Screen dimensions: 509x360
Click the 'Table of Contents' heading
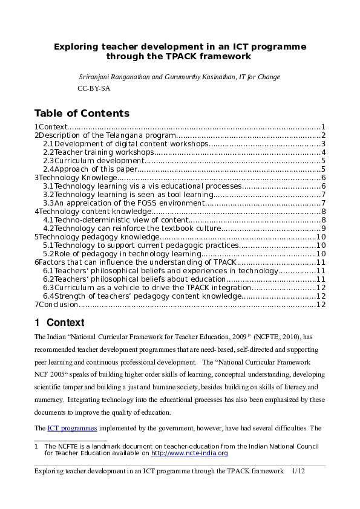tap(82, 113)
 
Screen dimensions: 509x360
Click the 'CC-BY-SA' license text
tap(94, 88)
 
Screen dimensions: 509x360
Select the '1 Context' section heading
tap(59, 322)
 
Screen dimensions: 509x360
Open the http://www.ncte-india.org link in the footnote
tap(189, 453)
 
